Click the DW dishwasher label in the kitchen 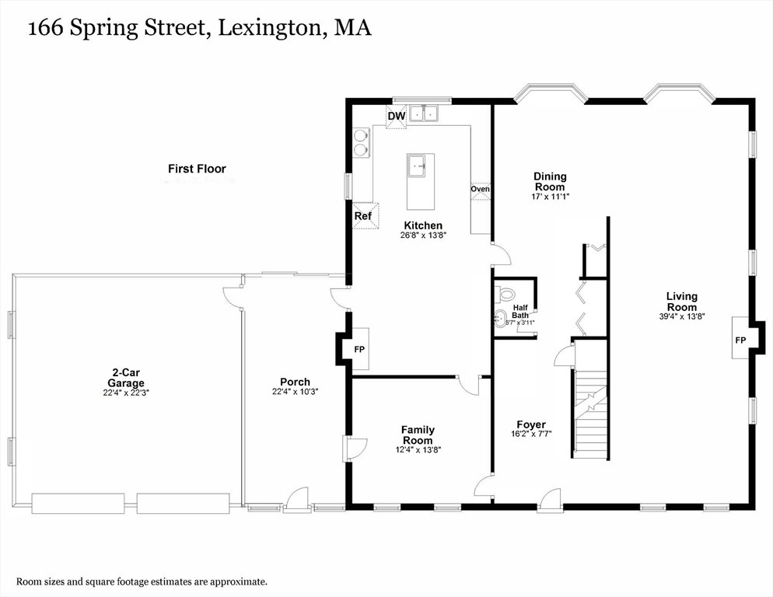click(x=397, y=117)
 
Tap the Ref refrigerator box click(x=366, y=216)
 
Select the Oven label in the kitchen click(x=480, y=189)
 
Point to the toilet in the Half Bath click(x=505, y=293)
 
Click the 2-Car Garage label click(x=126, y=378)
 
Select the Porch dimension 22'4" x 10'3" click(x=296, y=392)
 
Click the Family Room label click(x=418, y=435)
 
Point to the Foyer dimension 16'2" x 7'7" click(x=531, y=435)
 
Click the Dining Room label click(x=550, y=181)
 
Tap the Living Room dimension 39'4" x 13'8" click(x=682, y=316)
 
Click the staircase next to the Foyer click(x=590, y=414)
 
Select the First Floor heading click(x=197, y=169)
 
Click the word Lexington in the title click(x=270, y=28)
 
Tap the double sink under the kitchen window click(x=425, y=113)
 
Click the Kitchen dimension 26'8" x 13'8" click(x=424, y=236)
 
